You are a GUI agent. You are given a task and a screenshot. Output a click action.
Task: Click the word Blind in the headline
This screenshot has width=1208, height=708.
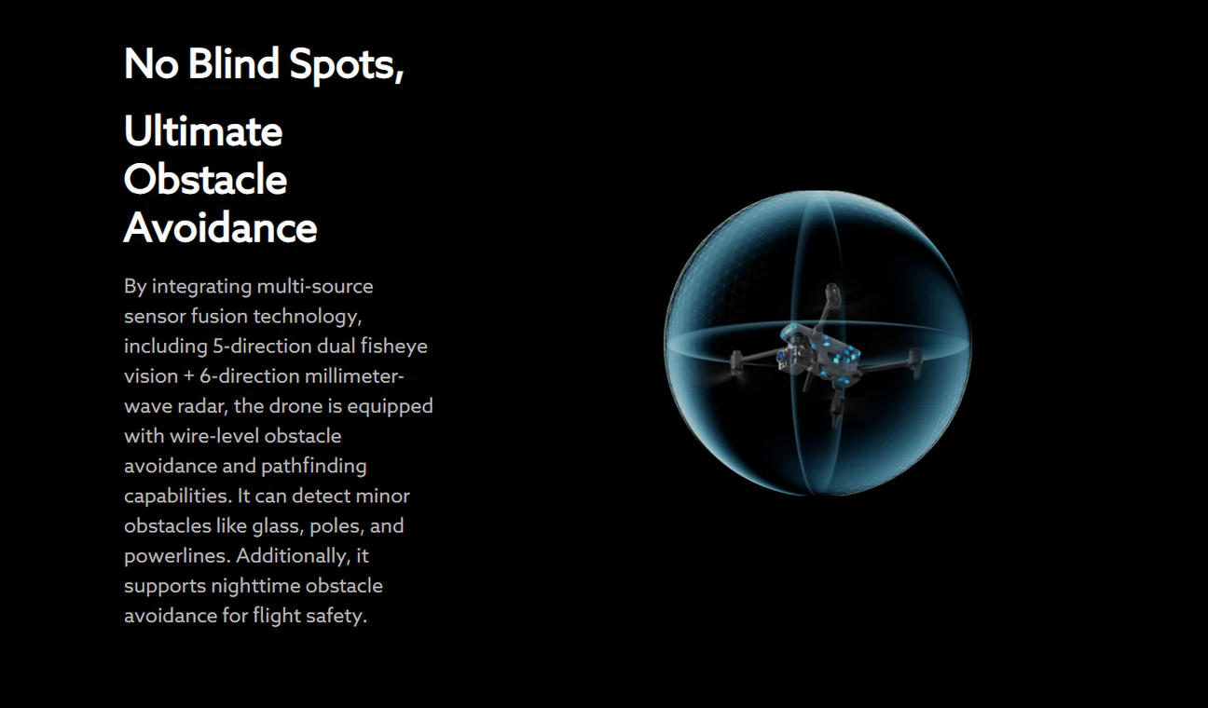233,63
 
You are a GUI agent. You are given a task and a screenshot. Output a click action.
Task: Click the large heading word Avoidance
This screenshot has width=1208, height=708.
220,227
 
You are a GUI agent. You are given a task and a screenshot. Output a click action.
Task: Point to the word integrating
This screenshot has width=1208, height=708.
201,287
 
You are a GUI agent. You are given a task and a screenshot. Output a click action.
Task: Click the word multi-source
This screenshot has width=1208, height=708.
315,286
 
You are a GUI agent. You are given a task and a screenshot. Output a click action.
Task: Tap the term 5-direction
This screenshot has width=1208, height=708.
262,346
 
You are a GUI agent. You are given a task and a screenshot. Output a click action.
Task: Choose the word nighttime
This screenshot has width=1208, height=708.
255,587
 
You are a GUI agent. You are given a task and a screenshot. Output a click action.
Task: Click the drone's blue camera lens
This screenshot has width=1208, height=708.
781,355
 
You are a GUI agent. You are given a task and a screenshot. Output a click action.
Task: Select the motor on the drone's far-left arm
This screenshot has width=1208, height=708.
736,362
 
